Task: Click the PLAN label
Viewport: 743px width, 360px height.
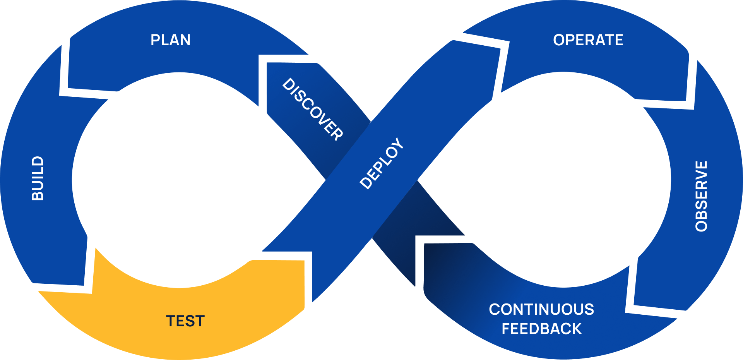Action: (170, 40)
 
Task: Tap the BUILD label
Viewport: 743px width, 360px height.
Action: (38, 178)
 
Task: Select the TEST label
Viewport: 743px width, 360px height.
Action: (185, 321)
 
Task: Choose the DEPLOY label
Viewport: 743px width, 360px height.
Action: (382, 163)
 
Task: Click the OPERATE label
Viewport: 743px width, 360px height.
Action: (588, 40)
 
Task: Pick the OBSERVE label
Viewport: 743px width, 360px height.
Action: (701, 196)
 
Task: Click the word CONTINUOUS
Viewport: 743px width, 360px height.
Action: (541, 309)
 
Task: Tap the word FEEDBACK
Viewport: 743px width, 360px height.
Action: (541, 329)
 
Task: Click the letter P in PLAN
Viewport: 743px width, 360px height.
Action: (155, 40)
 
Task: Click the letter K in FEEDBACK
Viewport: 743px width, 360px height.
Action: (576, 329)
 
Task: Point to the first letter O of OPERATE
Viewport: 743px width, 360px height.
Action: (559, 40)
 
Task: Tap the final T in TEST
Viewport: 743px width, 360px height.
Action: (199, 321)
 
